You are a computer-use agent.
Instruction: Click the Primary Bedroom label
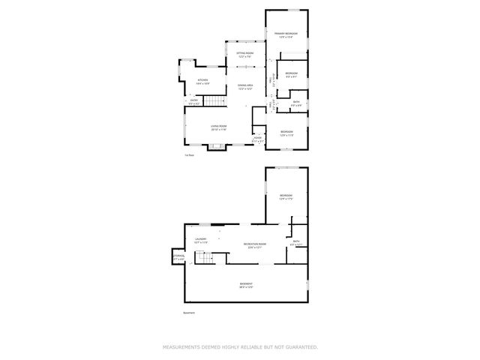tap(286, 34)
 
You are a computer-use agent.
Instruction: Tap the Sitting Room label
tap(245, 55)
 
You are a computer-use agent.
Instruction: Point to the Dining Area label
tap(245, 87)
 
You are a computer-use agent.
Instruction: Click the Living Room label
tap(218, 128)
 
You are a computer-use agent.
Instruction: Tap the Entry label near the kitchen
tap(193, 100)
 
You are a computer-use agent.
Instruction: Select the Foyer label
tap(257, 139)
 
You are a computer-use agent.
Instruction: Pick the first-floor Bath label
tap(296, 103)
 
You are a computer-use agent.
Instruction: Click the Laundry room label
tap(200, 240)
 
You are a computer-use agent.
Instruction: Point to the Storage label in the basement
tap(178, 257)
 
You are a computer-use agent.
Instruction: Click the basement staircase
tap(205, 259)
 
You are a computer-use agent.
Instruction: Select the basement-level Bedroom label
tap(285, 198)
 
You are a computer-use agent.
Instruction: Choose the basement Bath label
tap(296, 242)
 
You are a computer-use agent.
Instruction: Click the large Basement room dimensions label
tap(246, 285)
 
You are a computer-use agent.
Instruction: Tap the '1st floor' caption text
tap(190, 155)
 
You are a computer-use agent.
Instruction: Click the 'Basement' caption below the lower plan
tap(189, 313)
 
